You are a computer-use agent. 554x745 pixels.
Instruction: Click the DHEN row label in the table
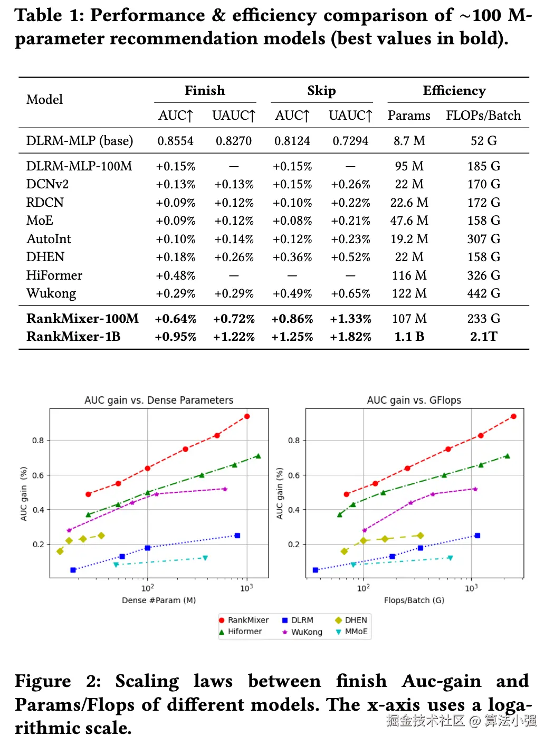[45, 257]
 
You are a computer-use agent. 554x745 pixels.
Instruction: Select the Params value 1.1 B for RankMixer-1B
[409, 337]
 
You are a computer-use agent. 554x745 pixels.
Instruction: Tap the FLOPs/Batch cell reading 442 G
[483, 293]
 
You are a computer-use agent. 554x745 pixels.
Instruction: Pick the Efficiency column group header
[454, 91]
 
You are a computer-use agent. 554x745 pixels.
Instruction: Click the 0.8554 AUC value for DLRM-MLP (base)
[175, 141]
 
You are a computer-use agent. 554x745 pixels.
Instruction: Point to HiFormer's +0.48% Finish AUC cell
[175, 275]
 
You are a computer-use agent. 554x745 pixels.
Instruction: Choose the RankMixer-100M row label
[82, 319]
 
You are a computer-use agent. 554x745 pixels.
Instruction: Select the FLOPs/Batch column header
[483, 116]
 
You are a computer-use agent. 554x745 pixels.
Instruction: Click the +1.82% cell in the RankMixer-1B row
[350, 337]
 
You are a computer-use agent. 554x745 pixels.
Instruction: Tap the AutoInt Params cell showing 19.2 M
[409, 239]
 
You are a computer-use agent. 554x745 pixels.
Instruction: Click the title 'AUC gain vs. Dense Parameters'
[159, 400]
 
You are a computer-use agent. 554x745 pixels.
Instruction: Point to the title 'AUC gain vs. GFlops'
[414, 400]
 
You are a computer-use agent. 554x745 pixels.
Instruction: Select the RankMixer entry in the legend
[244, 620]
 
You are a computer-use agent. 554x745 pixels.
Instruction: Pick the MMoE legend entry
[352, 632]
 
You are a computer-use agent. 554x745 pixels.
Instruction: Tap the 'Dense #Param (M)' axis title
[159, 600]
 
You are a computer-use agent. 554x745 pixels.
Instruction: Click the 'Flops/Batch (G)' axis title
[414, 600]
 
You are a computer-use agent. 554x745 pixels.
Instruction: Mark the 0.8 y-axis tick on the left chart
[38, 441]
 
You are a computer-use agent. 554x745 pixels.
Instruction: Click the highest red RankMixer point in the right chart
[513, 416]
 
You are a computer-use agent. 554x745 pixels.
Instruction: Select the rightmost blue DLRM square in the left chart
[237, 536]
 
